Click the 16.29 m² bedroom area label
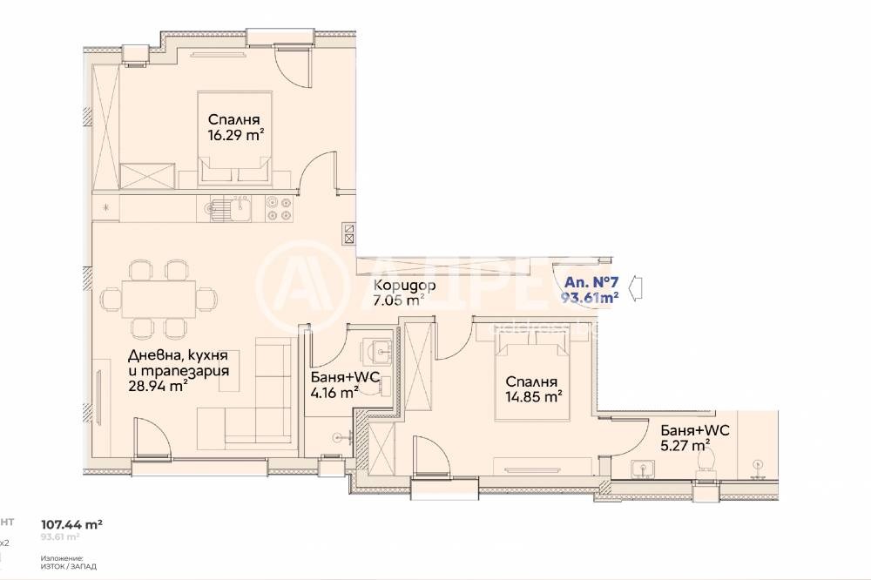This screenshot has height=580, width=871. tap(235, 135)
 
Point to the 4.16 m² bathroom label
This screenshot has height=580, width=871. tap(334, 393)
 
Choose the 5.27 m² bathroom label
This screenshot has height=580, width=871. tap(682, 450)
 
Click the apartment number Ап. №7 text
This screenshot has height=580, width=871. tap(591, 282)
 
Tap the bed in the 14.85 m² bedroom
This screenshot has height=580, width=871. tap(531, 383)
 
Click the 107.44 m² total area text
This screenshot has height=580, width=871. tap(73, 524)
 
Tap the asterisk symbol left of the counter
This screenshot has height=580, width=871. tap(106, 207)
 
